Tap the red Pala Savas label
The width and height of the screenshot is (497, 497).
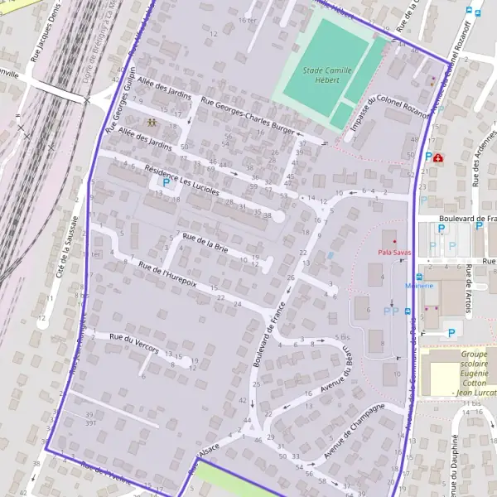coord(394,251)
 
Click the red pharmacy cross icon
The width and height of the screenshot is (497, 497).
coord(437,157)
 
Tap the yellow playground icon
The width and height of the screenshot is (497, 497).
coord(152,122)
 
